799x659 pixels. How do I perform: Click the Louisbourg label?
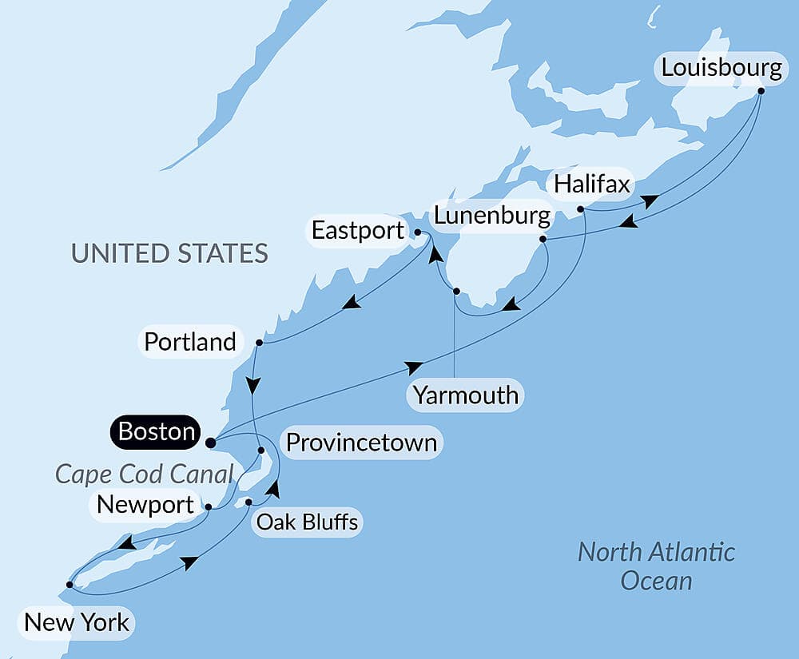pyautogui.click(x=721, y=68)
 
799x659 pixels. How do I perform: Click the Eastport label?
pyautogui.click(x=357, y=232)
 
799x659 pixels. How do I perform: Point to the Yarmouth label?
pyautogui.click(x=465, y=395)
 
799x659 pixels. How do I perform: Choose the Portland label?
pyautogui.click(x=190, y=342)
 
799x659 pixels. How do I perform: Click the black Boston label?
pyautogui.click(x=157, y=431)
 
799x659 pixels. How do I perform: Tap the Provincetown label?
pyautogui.click(x=361, y=442)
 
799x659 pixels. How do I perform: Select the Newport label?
pyautogui.click(x=145, y=505)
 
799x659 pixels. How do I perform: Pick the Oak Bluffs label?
pyautogui.click(x=308, y=522)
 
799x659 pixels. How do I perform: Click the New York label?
pyautogui.click(x=77, y=622)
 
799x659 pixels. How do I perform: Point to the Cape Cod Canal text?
pyautogui.click(x=144, y=474)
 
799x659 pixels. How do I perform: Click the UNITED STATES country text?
pyautogui.click(x=169, y=253)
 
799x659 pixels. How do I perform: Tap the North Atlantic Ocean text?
pyautogui.click(x=656, y=566)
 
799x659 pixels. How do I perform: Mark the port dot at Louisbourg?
pyautogui.click(x=761, y=90)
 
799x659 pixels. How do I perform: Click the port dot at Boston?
pyautogui.click(x=210, y=442)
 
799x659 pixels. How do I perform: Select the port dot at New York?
pyautogui.click(x=70, y=585)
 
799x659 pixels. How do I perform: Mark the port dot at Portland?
pyautogui.click(x=259, y=343)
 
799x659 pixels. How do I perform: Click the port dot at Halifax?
pyautogui.click(x=581, y=209)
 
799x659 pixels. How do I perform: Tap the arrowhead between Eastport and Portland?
pyautogui.click(x=350, y=304)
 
